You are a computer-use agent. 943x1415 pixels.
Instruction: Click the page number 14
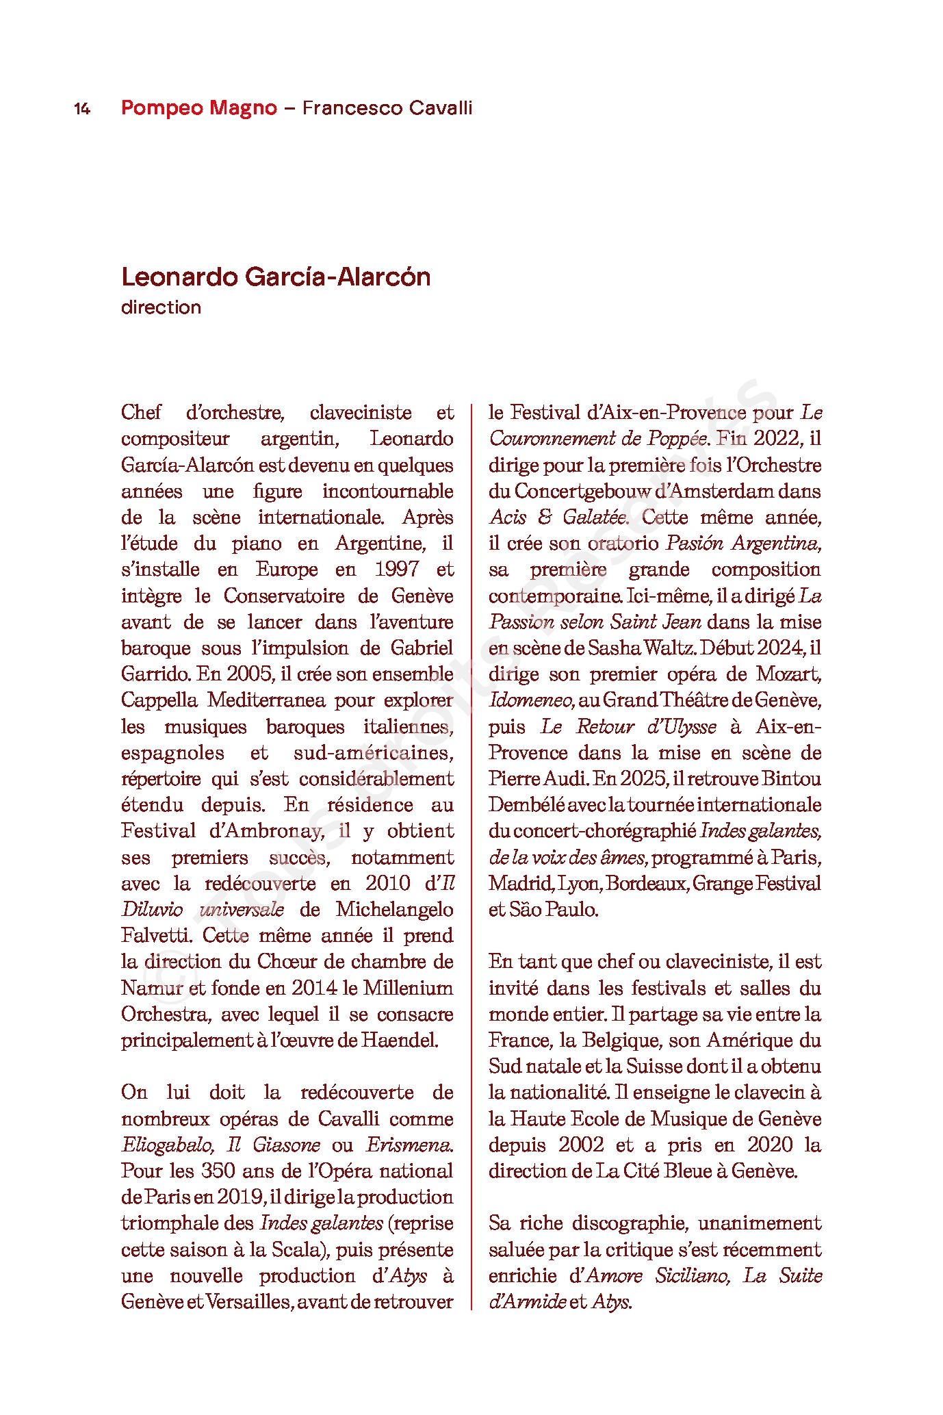pyautogui.click(x=82, y=109)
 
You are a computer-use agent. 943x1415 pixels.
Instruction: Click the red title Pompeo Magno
pyautogui.click(x=199, y=108)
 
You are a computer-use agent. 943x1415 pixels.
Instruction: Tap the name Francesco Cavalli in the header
pyautogui.click(x=387, y=108)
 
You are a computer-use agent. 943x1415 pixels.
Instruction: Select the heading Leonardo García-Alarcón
pyautogui.click(x=276, y=277)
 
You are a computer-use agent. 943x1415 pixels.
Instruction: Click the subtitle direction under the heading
pyautogui.click(x=161, y=307)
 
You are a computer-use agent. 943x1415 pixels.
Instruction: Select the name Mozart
pyautogui.click(x=788, y=674)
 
